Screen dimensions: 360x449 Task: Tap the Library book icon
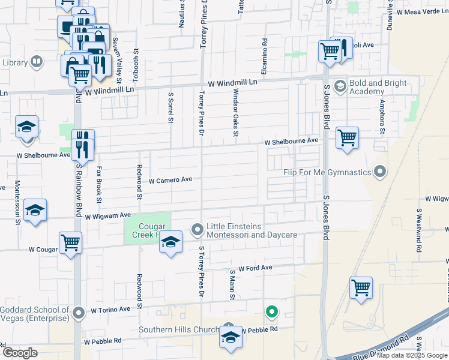tap(37, 62)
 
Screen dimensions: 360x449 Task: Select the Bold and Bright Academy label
tap(370, 87)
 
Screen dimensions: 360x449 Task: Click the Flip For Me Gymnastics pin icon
tap(379, 172)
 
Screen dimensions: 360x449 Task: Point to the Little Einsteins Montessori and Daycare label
tap(252, 230)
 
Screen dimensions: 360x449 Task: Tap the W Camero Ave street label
tap(170, 179)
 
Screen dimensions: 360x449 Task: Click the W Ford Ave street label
tap(255, 268)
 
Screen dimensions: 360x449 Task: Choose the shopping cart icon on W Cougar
tap(70, 243)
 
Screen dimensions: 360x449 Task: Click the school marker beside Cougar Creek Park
tap(171, 242)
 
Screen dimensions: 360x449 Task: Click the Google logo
tap(19, 353)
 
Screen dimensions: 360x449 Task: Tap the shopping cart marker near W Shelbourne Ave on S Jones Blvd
tap(347, 138)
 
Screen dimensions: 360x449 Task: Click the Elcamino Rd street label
tap(264, 52)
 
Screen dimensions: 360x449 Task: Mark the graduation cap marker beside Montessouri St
tap(35, 210)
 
